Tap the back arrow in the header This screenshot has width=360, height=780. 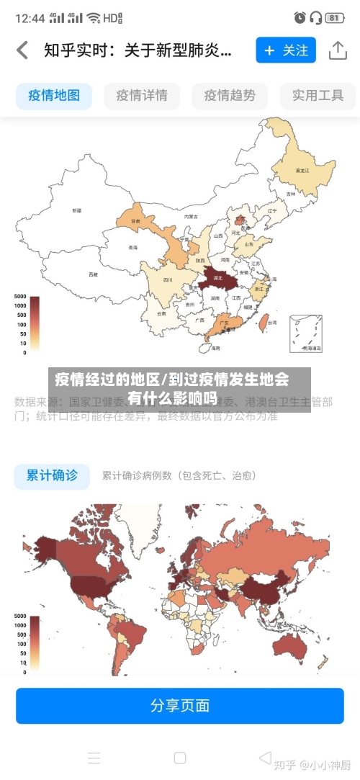(x=22, y=50)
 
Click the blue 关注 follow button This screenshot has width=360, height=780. (x=286, y=50)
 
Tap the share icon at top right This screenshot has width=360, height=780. (x=338, y=50)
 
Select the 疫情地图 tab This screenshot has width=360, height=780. (x=54, y=95)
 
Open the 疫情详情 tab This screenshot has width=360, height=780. (x=142, y=95)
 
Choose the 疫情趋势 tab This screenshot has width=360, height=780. (x=230, y=95)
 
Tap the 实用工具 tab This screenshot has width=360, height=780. (x=318, y=95)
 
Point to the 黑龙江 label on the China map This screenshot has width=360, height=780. (x=302, y=171)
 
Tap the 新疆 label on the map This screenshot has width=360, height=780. (x=76, y=210)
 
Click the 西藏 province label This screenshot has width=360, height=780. (x=93, y=274)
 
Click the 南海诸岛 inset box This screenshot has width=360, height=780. (x=305, y=334)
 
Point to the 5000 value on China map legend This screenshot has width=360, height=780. (x=19, y=297)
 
